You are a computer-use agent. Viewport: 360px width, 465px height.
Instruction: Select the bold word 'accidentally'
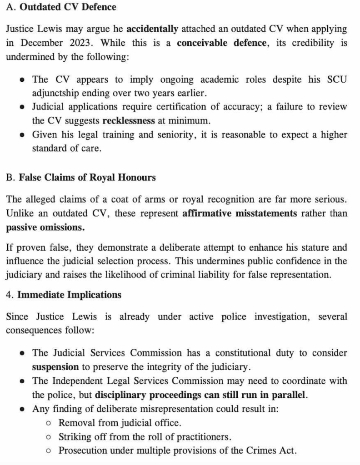click(x=152, y=29)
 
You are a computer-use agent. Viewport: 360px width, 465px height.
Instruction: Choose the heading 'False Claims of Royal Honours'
click(x=87, y=178)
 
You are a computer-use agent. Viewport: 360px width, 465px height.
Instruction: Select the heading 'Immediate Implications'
click(x=69, y=295)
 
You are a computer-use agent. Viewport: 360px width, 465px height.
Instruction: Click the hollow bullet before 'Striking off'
click(x=49, y=437)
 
